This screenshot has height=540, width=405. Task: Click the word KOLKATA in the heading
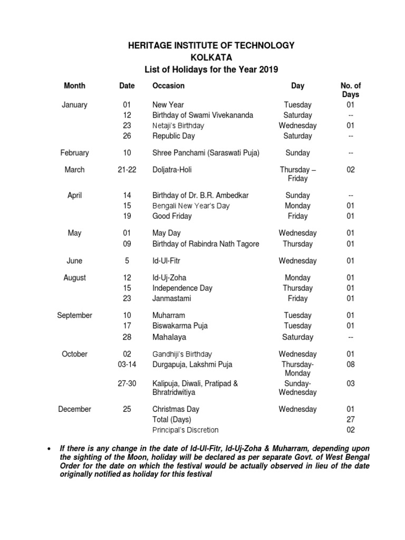(211, 57)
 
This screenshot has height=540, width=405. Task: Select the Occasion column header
(168, 85)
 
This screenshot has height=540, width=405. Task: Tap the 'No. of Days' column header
(351, 90)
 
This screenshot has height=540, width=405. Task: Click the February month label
(74, 153)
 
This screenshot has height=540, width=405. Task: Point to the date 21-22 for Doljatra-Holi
(127, 170)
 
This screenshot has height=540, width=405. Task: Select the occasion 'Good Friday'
(172, 216)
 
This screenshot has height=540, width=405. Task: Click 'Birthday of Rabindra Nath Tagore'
(206, 244)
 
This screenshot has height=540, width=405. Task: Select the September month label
(74, 315)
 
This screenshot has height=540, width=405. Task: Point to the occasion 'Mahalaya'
(169, 337)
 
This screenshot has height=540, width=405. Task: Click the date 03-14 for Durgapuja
(127, 364)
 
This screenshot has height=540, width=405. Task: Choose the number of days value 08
(351, 364)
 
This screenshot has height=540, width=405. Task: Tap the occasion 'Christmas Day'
(176, 409)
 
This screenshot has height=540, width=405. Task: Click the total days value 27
(351, 419)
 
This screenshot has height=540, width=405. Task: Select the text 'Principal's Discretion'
(185, 430)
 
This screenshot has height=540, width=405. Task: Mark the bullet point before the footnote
(49, 448)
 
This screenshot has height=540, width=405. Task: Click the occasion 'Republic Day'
(173, 136)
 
